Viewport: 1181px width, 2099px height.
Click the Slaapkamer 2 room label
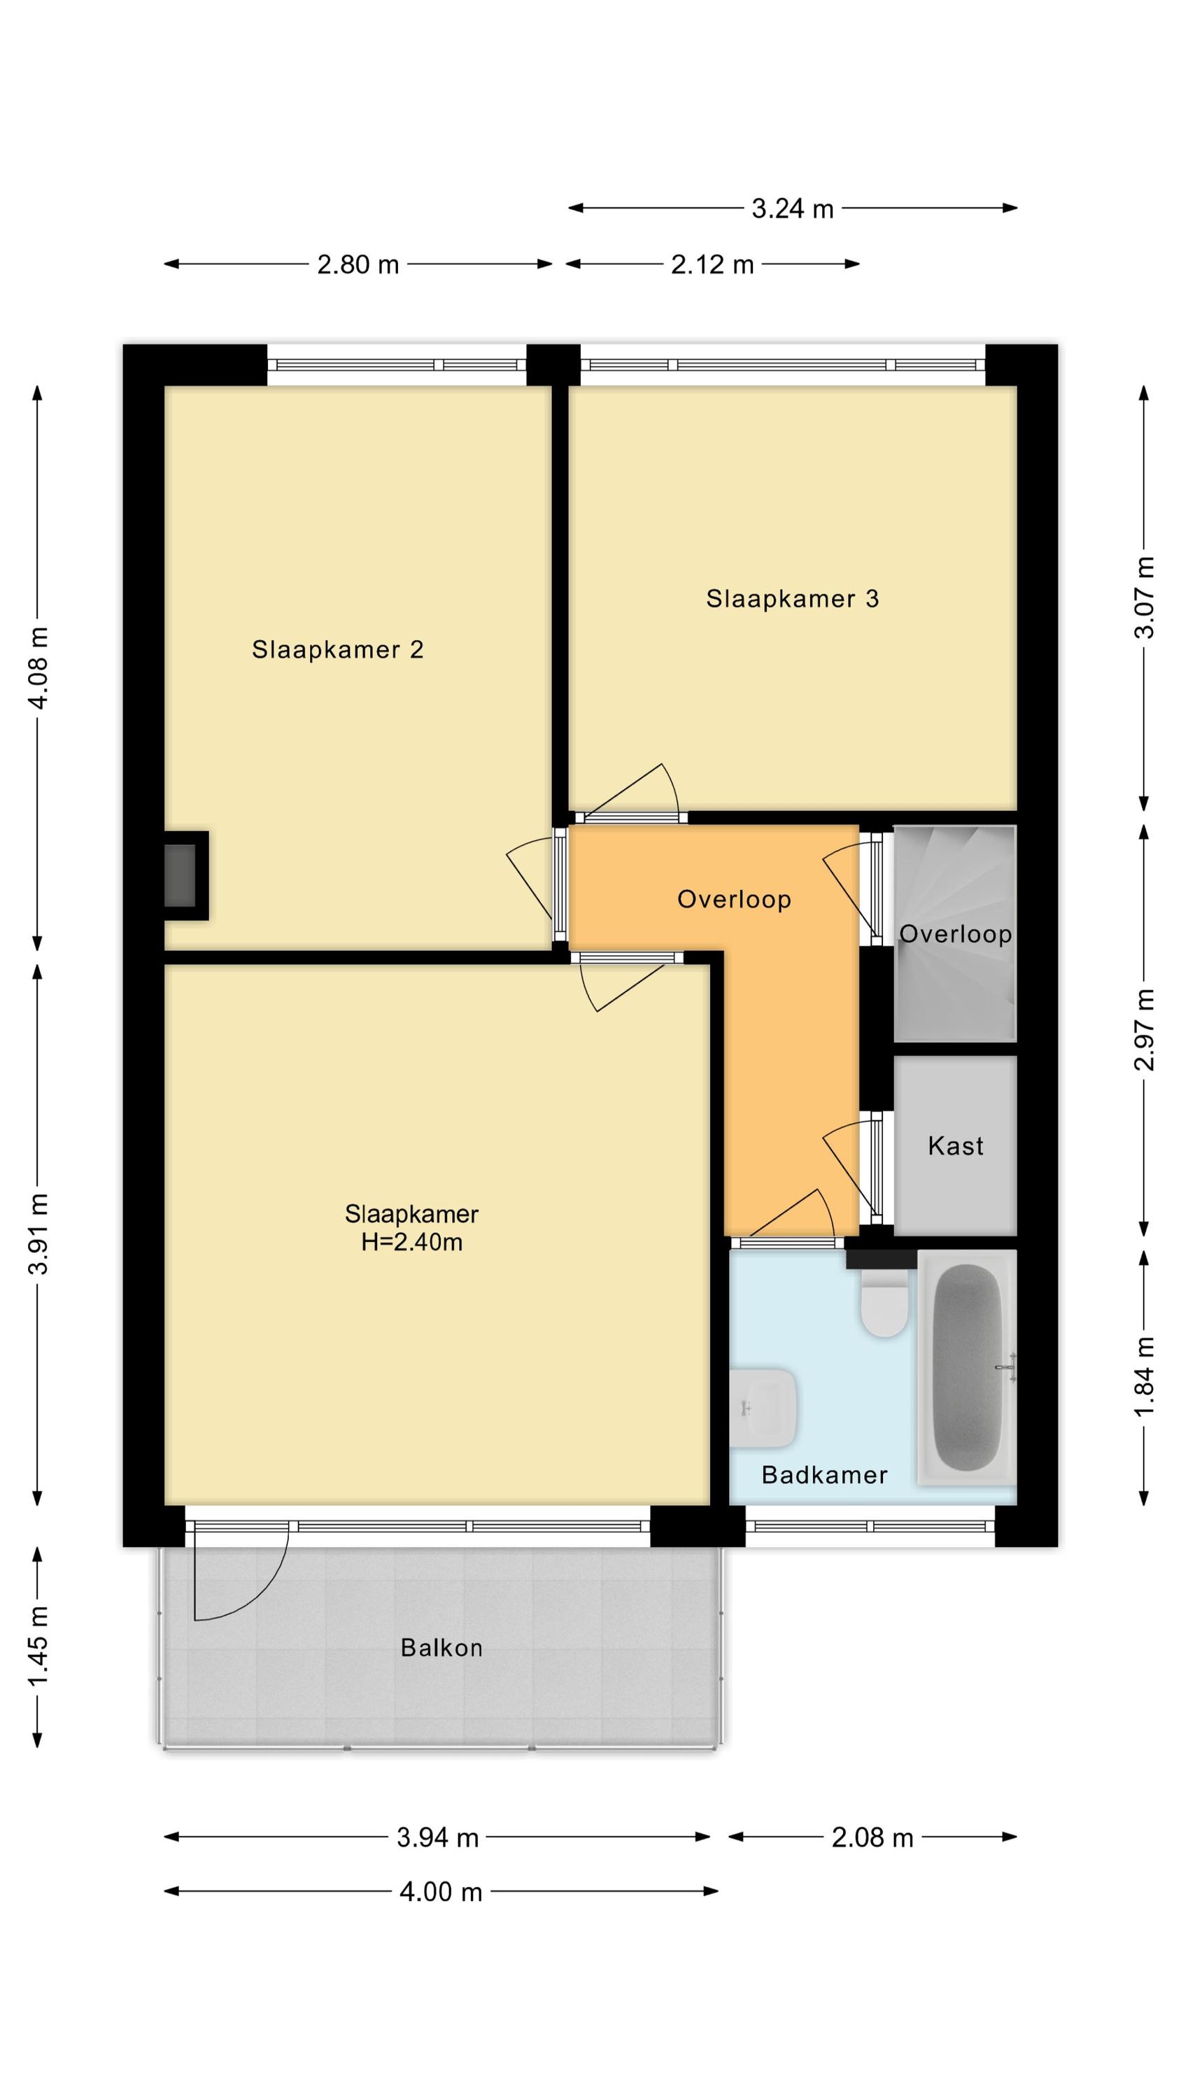[x=337, y=649]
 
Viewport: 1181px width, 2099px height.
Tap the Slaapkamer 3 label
[x=792, y=599]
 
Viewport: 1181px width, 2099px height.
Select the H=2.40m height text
[x=411, y=1242]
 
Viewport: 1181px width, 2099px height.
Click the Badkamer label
[x=824, y=1475]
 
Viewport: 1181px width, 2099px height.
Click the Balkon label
[x=441, y=1648]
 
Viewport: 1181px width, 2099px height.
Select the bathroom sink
[x=763, y=1408]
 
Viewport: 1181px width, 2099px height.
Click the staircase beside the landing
[x=955, y=934]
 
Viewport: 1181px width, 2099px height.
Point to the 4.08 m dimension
[x=38, y=668]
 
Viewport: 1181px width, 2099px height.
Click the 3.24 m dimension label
[x=792, y=209]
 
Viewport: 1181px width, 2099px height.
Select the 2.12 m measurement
[x=712, y=264]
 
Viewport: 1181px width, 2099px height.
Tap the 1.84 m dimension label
[x=1145, y=1377]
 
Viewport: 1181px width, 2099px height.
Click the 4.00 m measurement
[x=441, y=1891]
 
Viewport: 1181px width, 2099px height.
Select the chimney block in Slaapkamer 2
[x=185, y=876]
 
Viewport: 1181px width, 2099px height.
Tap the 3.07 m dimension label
[x=1145, y=598]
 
